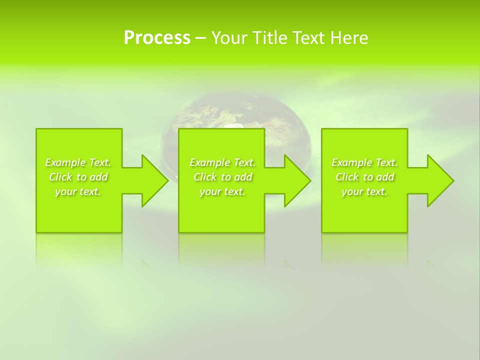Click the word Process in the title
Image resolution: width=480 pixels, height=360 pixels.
click(x=157, y=37)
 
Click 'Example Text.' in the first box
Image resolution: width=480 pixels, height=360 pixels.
click(x=78, y=162)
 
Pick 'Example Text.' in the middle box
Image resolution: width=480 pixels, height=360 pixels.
click(x=222, y=162)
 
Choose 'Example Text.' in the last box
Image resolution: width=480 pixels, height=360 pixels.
click(x=364, y=162)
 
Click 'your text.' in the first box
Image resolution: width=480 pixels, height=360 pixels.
click(x=78, y=191)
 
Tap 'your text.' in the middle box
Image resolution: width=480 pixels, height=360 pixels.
click(x=222, y=191)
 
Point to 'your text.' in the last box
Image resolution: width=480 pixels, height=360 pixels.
click(x=364, y=191)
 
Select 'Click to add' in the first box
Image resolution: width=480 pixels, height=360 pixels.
click(x=78, y=177)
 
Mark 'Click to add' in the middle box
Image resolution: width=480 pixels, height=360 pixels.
click(x=222, y=177)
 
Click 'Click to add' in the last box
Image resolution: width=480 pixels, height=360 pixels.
click(x=364, y=177)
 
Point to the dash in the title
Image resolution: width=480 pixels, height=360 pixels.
click(x=200, y=38)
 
